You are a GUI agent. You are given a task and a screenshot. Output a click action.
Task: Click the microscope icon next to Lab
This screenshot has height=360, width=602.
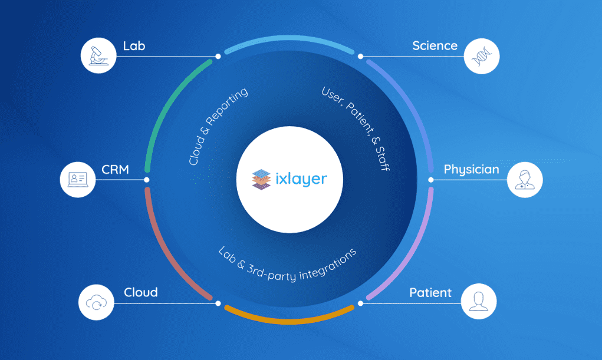[98, 55]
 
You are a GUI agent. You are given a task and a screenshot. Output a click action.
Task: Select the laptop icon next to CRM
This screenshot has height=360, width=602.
[78, 179]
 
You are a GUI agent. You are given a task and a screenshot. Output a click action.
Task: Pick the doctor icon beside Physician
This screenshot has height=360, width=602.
[524, 179]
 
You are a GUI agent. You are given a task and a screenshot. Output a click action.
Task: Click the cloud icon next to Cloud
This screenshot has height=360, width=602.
[96, 303]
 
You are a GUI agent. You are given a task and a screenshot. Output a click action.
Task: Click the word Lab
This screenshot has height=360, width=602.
[134, 45]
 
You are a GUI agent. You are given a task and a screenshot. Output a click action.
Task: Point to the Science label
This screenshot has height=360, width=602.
[435, 45]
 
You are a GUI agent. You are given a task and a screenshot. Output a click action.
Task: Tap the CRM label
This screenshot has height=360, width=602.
[116, 170]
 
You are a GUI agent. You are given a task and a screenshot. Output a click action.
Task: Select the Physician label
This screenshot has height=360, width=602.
[471, 170]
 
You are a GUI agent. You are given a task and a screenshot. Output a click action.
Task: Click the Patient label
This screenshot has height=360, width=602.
[430, 293]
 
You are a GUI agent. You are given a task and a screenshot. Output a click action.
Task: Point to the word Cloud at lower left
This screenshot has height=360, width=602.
[140, 293]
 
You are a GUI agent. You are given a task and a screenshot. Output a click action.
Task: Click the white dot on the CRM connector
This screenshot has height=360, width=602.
[147, 180]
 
